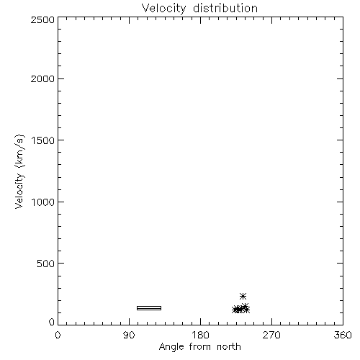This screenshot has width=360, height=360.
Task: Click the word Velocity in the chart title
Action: pyautogui.click(x=163, y=9)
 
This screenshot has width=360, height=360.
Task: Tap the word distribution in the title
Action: pyautogui.click(x=225, y=8)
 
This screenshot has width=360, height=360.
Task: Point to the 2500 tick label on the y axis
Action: pyautogui.click(x=42, y=19)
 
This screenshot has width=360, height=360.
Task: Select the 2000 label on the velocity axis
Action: pyautogui.click(x=42, y=78)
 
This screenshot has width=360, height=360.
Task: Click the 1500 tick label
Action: pyautogui.click(x=43, y=140)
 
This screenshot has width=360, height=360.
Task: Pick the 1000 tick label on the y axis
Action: pyautogui.click(x=43, y=202)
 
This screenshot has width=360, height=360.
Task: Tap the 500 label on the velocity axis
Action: pyautogui.click(x=46, y=264)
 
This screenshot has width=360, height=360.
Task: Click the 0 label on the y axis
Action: pyautogui.click(x=52, y=322)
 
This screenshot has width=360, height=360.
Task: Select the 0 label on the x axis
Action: pyautogui.click(x=58, y=335)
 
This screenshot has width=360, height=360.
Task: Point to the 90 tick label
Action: pyautogui.click(x=129, y=335)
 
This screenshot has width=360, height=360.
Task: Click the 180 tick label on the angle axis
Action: pyautogui.click(x=200, y=335)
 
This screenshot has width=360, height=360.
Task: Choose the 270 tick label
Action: pyautogui.click(x=271, y=335)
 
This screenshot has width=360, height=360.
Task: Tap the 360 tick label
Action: pyautogui.click(x=343, y=335)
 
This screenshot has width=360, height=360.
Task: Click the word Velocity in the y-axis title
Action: pyautogui.click(x=19, y=191)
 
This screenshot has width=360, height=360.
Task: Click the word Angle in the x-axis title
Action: pyautogui.click(x=171, y=347)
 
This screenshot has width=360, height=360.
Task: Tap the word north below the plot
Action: pyautogui.click(x=229, y=346)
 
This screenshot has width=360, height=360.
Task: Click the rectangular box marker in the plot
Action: pyautogui.click(x=149, y=306)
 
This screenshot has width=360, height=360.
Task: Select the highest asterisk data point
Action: pyautogui.click(x=243, y=297)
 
